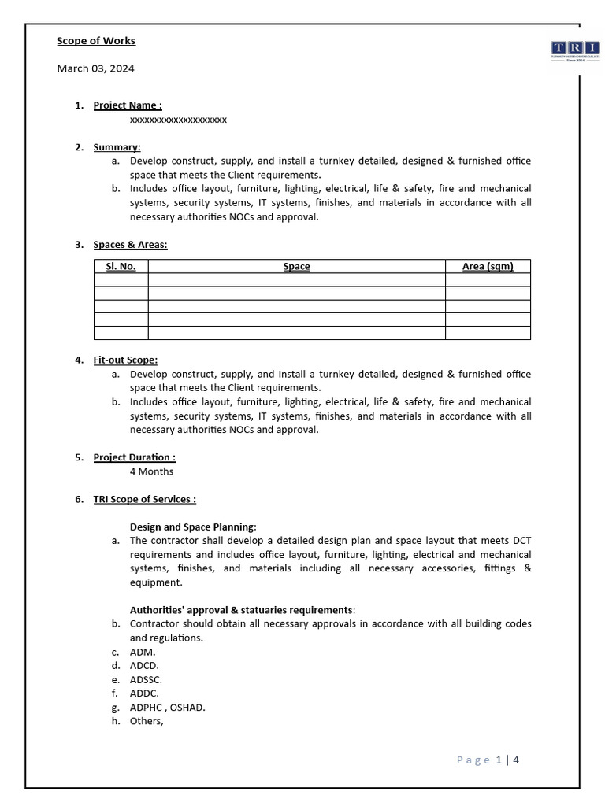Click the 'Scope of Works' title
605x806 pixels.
pyautogui.click(x=96, y=41)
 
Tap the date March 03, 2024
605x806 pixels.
pyautogui.click(x=95, y=68)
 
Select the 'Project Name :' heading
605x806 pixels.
pyautogui.click(x=128, y=105)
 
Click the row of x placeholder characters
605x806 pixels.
pyautogui.click(x=178, y=120)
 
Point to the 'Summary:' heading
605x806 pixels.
pyautogui.click(x=117, y=147)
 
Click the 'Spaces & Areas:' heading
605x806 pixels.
pyautogui.click(x=130, y=245)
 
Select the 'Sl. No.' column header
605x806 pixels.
pyautogui.click(x=121, y=267)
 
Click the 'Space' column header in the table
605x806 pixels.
pyautogui.click(x=296, y=267)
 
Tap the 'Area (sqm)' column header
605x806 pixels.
pyautogui.click(x=487, y=267)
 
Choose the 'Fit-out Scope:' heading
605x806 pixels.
pyautogui.click(x=125, y=360)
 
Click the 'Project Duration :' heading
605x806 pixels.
pyautogui.click(x=134, y=457)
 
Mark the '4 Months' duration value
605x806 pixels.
pyautogui.click(x=151, y=471)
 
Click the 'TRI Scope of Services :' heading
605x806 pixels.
pyautogui.click(x=144, y=499)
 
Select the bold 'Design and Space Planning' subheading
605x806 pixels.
pyautogui.click(x=193, y=527)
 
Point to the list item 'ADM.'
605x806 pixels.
pyautogui.click(x=143, y=652)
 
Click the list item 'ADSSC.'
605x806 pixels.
pyautogui.click(x=146, y=679)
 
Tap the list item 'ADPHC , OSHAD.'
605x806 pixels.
pyautogui.click(x=167, y=708)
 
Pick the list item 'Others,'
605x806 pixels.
pyautogui.click(x=147, y=721)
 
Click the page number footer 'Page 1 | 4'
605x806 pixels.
pyautogui.click(x=488, y=760)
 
